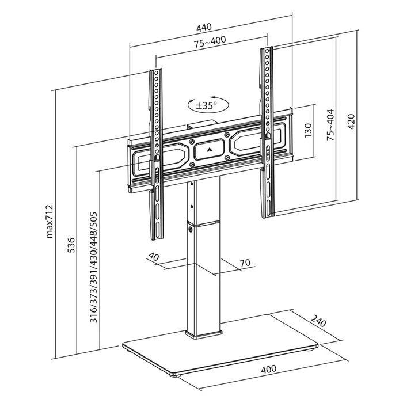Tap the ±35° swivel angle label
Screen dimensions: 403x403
click(206, 105)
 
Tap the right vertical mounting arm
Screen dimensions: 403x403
click(268, 132)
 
